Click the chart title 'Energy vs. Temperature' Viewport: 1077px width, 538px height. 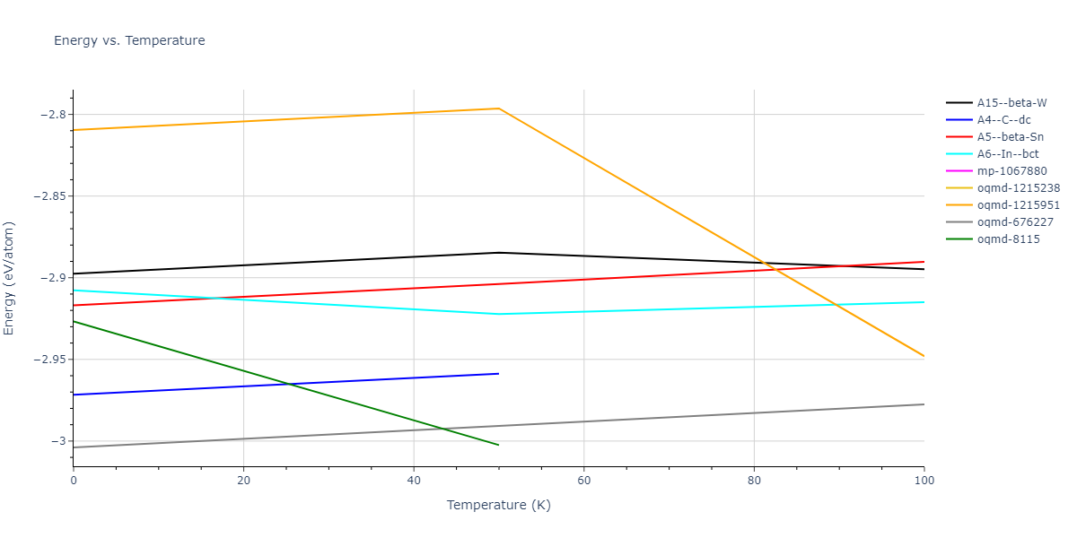click(x=129, y=40)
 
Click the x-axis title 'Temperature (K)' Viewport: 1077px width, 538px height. click(x=498, y=505)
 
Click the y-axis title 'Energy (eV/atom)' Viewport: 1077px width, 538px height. click(x=10, y=278)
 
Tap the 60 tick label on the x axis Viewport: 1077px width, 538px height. click(x=583, y=482)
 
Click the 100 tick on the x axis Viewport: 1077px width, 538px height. click(x=924, y=482)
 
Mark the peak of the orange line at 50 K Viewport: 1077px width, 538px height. click(x=498, y=108)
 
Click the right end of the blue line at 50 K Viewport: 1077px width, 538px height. click(x=498, y=373)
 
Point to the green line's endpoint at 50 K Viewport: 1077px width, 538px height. click(x=498, y=445)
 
